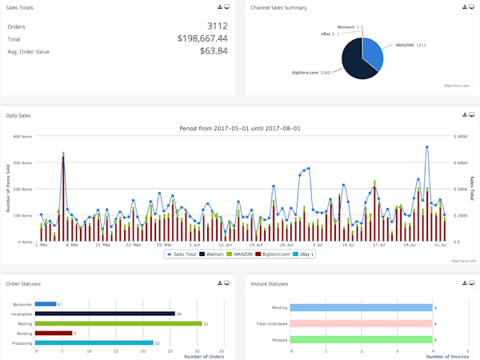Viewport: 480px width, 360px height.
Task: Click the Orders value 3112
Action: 216,26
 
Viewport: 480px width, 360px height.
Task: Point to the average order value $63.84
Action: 213,51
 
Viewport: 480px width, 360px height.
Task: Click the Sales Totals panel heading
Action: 20,7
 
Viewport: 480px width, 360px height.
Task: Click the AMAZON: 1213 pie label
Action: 409,46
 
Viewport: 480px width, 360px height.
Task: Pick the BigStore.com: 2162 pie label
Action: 311,73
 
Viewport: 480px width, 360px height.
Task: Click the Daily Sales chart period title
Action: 238,128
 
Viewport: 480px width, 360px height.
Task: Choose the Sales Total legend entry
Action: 183,254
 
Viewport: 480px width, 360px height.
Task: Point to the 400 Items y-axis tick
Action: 22,137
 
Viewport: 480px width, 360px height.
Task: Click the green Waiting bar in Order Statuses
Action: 119,323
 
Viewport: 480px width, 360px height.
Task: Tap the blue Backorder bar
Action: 46,304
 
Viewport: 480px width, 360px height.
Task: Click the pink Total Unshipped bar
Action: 361,323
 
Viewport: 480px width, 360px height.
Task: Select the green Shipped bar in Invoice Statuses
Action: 361,339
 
